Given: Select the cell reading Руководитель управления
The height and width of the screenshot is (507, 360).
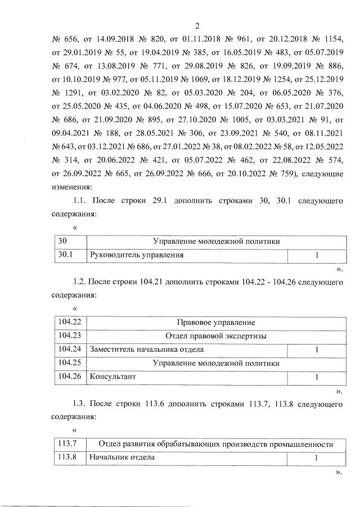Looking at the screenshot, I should [x=138, y=255].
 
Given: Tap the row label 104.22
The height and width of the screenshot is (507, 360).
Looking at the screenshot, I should [x=70, y=323].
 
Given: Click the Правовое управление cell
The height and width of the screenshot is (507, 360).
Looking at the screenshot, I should [x=216, y=323].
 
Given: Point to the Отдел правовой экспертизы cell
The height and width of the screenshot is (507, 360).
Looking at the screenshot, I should [x=216, y=336].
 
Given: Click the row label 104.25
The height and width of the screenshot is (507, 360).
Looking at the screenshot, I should [x=70, y=364].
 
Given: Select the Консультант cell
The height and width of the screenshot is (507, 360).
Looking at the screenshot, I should [x=113, y=377].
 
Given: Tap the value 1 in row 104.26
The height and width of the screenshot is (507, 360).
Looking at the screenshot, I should [x=317, y=377].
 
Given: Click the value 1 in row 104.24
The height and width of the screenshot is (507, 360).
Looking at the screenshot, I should [x=317, y=350].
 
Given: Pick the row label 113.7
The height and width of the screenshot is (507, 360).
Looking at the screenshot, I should [x=67, y=444].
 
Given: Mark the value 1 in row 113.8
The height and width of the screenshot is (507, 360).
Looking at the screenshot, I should [x=317, y=458].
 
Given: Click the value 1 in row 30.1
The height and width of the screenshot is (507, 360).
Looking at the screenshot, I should [x=317, y=255].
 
